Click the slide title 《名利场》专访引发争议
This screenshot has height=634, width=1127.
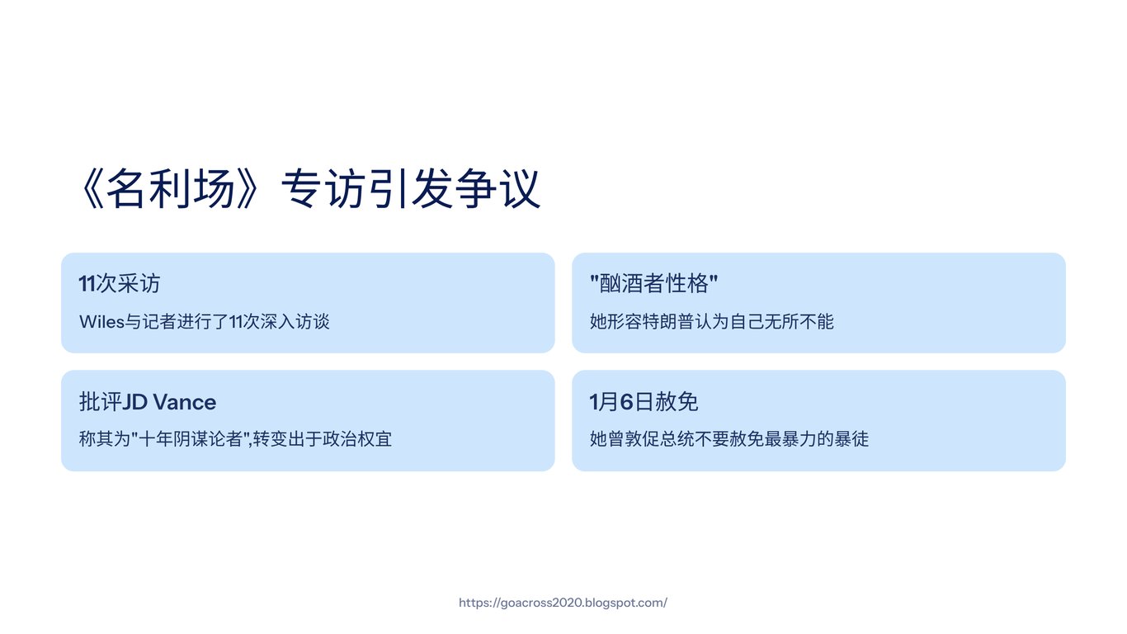[x=309, y=189]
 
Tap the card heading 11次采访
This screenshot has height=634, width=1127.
[x=120, y=283]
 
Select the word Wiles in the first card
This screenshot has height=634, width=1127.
[x=101, y=322]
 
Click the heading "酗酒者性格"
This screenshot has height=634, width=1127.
[x=653, y=283]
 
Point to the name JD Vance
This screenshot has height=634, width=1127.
[x=169, y=402]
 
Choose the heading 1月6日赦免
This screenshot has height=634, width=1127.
[x=644, y=402]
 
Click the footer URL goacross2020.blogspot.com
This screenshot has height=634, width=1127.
[x=563, y=603]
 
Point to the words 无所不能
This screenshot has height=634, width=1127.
[x=799, y=322]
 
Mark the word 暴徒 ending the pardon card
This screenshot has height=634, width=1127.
[x=851, y=439]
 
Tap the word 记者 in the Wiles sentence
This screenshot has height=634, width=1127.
[x=159, y=322]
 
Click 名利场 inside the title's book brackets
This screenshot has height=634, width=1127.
[x=171, y=189]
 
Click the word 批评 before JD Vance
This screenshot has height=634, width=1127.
[x=101, y=402]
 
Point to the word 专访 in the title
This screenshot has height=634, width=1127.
[x=323, y=189]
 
